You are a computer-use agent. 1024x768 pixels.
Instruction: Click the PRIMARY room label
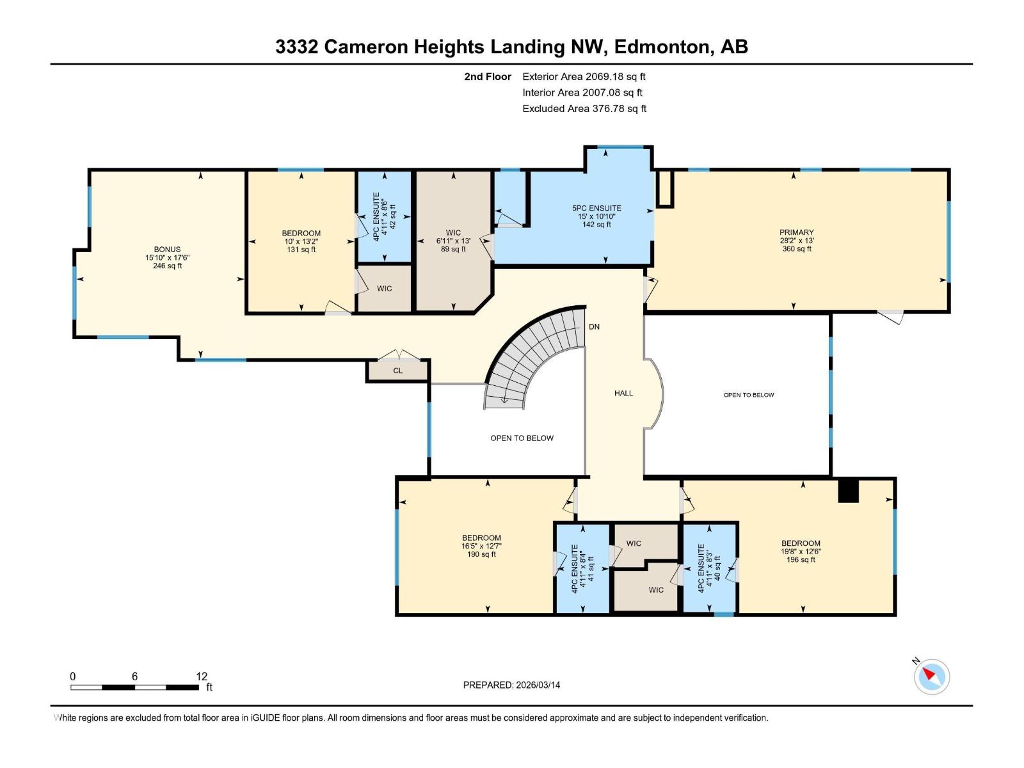tap(796, 232)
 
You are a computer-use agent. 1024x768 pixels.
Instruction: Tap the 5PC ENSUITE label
tap(596, 208)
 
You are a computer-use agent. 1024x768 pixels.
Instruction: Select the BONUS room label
tap(167, 250)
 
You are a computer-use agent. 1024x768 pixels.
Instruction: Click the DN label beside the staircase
tap(594, 327)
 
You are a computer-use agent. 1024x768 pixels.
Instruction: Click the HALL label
tap(623, 394)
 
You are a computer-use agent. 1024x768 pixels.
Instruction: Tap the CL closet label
tap(397, 371)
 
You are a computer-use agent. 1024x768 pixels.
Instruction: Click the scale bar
tap(134, 687)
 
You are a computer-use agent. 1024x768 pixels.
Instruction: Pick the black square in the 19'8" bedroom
tap(847, 492)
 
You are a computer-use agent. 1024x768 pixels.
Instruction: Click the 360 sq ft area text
tap(796, 249)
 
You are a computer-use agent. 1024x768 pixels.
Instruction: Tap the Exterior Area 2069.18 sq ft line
tap(583, 77)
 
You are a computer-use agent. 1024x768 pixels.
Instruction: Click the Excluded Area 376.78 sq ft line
tap(584, 109)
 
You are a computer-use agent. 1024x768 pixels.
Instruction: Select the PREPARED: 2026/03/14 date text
tap(511, 685)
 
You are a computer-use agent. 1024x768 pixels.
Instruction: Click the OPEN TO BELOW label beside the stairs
tap(522, 438)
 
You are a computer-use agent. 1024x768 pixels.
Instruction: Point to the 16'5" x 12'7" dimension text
tap(481, 547)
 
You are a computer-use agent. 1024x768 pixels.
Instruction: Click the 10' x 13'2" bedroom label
tap(301, 241)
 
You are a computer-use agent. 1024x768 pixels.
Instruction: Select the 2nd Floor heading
tap(488, 77)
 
